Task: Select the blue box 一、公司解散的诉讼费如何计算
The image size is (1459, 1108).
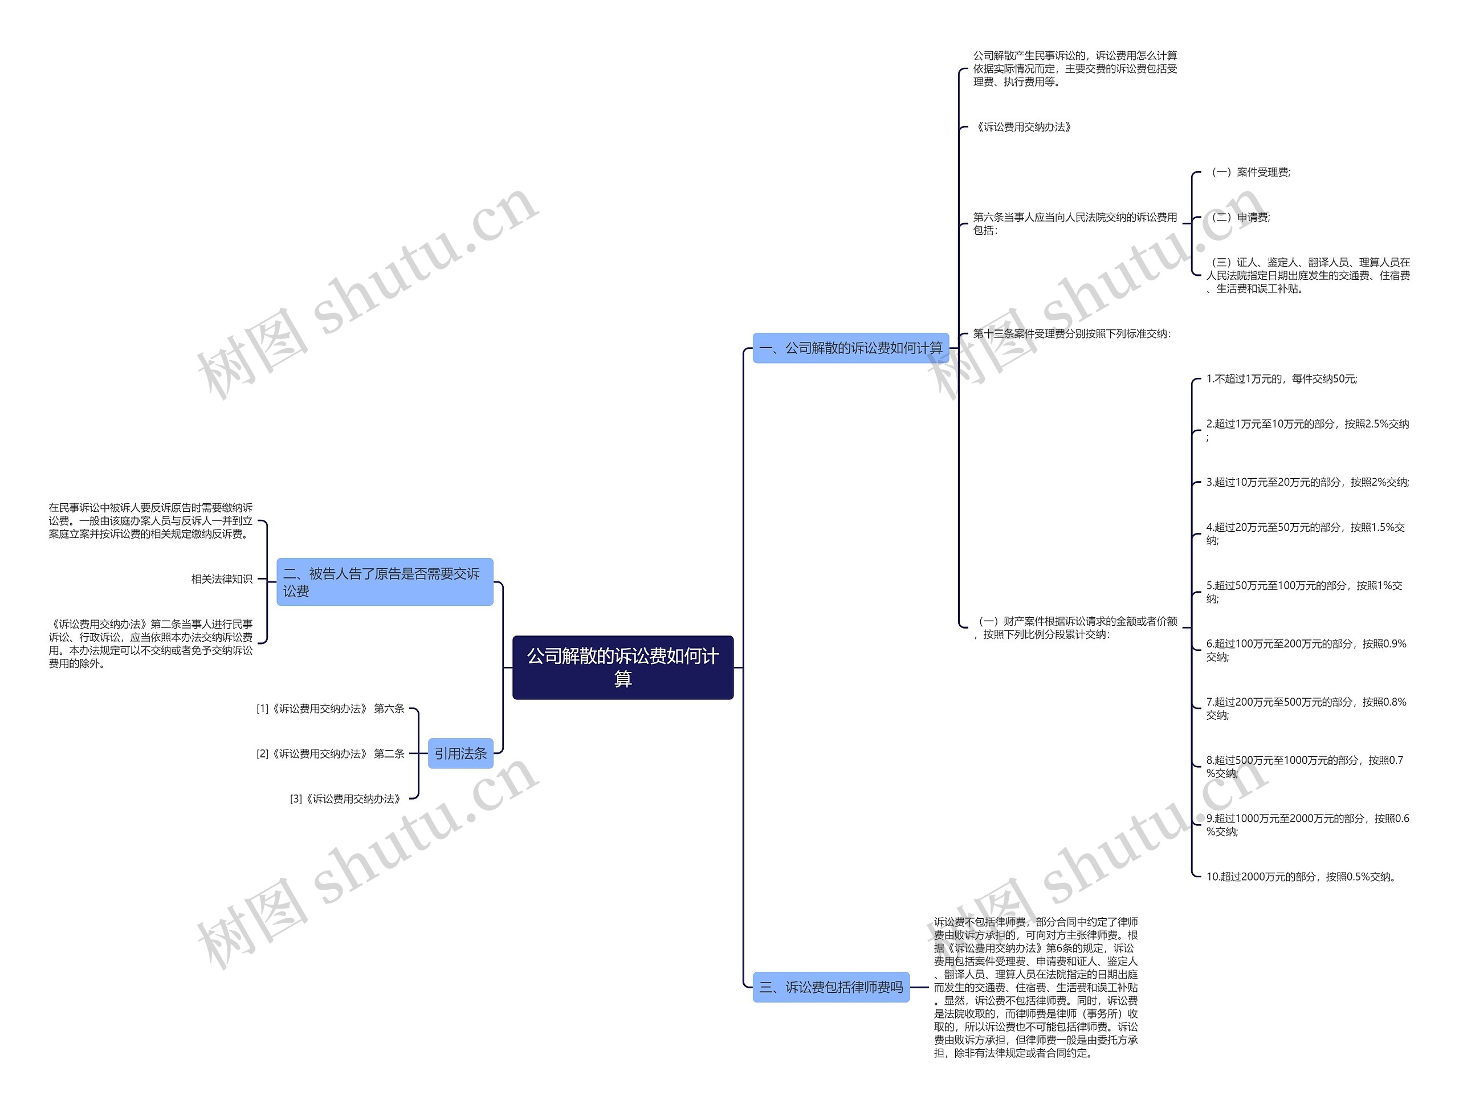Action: (850, 348)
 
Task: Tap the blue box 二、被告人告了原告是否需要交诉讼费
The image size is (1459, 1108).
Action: (385, 582)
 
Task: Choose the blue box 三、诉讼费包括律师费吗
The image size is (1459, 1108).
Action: (830, 987)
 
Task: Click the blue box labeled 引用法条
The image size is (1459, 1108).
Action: (460, 753)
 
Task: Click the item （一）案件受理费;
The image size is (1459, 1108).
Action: (1249, 172)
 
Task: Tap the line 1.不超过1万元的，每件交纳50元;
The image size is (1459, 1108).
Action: (1281, 378)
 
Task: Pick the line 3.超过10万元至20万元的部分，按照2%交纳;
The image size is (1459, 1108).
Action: (1307, 482)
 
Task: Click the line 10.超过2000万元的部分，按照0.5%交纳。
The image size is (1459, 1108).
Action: (1301, 877)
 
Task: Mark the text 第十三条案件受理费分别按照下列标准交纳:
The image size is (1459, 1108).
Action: (1072, 334)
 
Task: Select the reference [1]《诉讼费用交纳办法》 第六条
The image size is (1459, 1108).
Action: (331, 708)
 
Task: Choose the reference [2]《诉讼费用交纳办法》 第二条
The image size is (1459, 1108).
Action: (331, 753)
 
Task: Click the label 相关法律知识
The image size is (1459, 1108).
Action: (222, 579)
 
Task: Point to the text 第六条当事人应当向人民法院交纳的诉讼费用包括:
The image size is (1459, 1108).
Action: (1074, 223)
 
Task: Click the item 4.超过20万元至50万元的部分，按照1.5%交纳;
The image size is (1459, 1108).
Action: (1305, 533)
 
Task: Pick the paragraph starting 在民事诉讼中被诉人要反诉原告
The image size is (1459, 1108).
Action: (150, 520)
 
